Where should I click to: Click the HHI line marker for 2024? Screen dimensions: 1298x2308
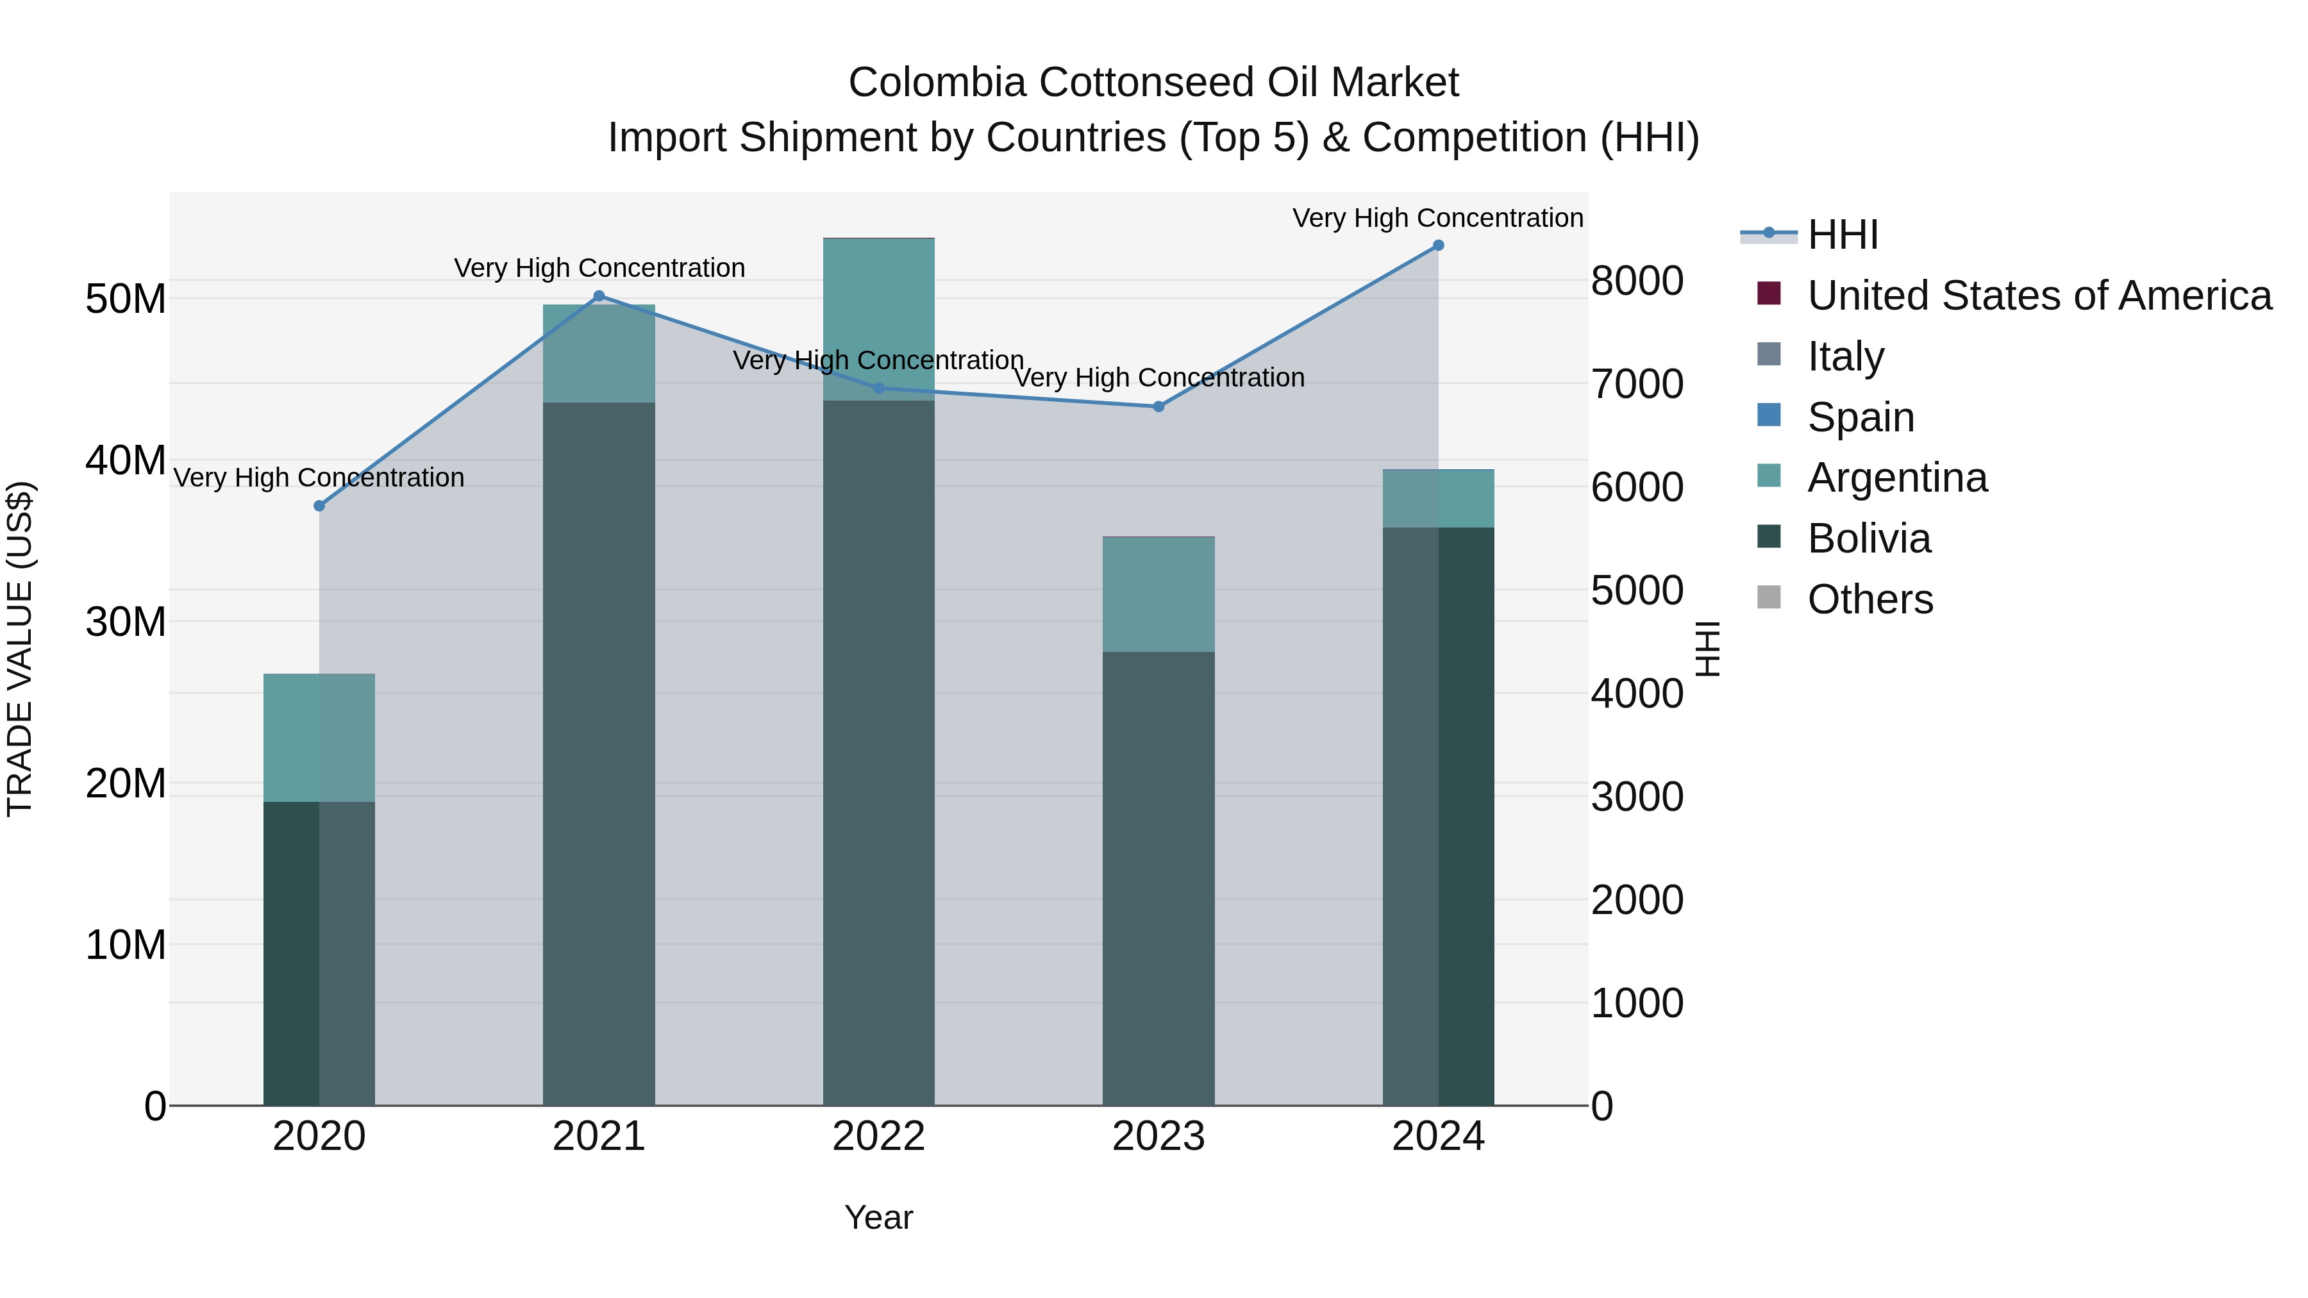(x=1438, y=245)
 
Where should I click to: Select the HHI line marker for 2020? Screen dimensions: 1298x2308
(x=319, y=506)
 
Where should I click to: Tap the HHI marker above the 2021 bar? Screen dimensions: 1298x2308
(x=599, y=297)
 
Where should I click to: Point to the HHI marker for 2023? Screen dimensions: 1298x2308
(x=1158, y=406)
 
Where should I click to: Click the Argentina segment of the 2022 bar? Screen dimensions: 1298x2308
(x=879, y=319)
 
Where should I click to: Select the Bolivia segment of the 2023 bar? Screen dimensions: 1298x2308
(x=1158, y=878)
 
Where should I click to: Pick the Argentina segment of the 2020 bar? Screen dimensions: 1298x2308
(x=319, y=737)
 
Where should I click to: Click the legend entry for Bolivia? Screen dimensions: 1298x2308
(x=1869, y=538)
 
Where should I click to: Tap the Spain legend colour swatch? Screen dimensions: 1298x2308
(x=1769, y=415)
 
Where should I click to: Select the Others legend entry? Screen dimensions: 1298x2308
(x=1870, y=599)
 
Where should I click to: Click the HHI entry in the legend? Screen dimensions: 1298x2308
(x=1842, y=235)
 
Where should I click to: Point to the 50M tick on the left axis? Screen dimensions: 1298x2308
(x=126, y=299)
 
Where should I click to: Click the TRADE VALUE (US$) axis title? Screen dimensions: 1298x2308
(x=20, y=649)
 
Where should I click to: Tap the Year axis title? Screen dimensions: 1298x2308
(x=879, y=1217)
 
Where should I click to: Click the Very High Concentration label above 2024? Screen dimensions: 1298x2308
(x=1437, y=218)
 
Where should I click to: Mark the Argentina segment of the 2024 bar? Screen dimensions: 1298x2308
(x=1438, y=499)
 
